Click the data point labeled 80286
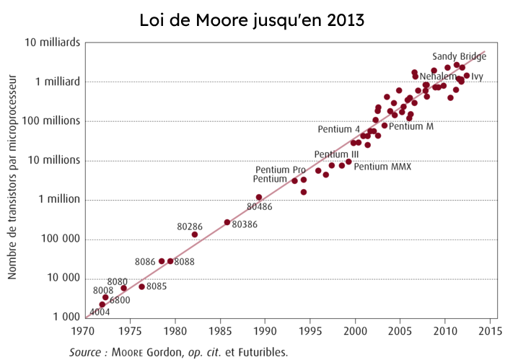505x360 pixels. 195,234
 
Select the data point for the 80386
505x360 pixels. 227,222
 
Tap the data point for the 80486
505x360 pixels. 259,197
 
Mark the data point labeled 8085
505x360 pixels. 142,286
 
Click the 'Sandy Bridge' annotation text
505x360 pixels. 459,56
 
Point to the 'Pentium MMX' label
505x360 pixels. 382,167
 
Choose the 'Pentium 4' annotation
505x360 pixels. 339,129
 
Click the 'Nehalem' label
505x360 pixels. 437,76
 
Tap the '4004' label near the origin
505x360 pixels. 100,311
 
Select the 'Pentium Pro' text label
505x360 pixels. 281,170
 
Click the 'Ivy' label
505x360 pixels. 477,76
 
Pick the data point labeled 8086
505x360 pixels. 162,261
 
